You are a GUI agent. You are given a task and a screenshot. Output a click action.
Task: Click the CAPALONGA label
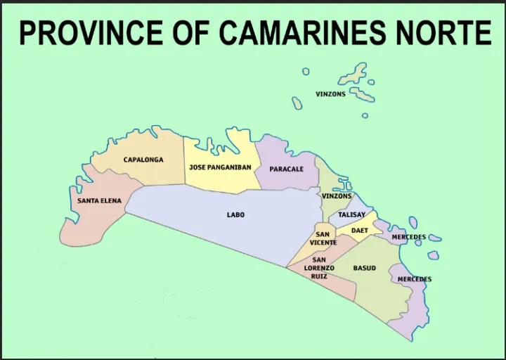coord(143,160)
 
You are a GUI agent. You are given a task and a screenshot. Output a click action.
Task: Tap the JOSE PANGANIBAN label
coord(220,167)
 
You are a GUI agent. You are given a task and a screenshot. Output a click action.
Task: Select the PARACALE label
coord(287,169)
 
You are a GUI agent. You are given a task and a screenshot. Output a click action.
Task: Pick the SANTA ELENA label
coord(99,200)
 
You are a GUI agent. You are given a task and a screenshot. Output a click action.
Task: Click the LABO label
coord(235,214)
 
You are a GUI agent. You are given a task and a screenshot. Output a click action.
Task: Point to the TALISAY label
coord(351,214)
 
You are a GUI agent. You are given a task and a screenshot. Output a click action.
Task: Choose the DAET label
coord(359,230)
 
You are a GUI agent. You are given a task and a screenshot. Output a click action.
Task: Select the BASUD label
coord(364,268)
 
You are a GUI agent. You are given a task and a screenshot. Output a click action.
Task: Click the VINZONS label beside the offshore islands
coord(330,94)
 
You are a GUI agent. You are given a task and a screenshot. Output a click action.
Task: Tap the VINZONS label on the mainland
coord(337,196)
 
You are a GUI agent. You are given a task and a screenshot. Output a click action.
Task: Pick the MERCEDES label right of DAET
coord(408,237)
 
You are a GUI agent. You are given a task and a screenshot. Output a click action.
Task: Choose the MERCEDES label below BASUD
coord(414,279)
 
